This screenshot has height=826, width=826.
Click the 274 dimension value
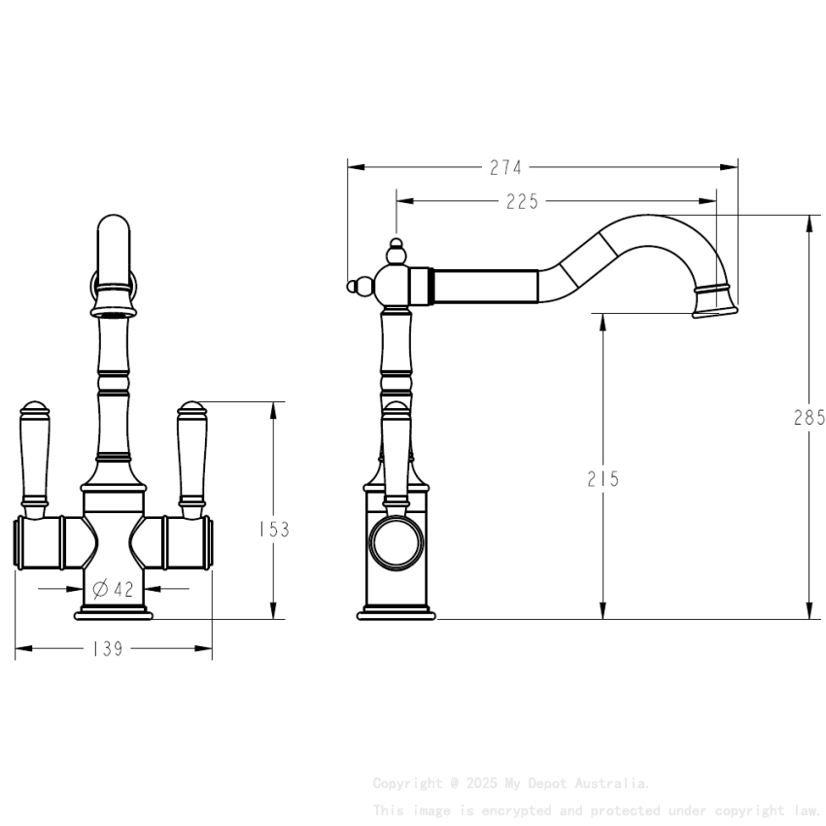coord(505,167)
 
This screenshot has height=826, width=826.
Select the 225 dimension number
coord(522,201)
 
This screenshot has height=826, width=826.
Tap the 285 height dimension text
coord(809,418)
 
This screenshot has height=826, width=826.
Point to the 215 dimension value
coord(603,479)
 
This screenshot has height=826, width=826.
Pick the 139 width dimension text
coord(107,649)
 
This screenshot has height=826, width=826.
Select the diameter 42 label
coord(114,588)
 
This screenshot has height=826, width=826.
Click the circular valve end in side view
coord(396,542)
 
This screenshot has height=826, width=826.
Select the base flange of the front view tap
coord(114,614)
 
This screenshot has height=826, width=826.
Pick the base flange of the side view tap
coord(396,614)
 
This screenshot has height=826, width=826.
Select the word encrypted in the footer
coord(514,809)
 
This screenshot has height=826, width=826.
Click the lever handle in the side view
coord(396,452)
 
